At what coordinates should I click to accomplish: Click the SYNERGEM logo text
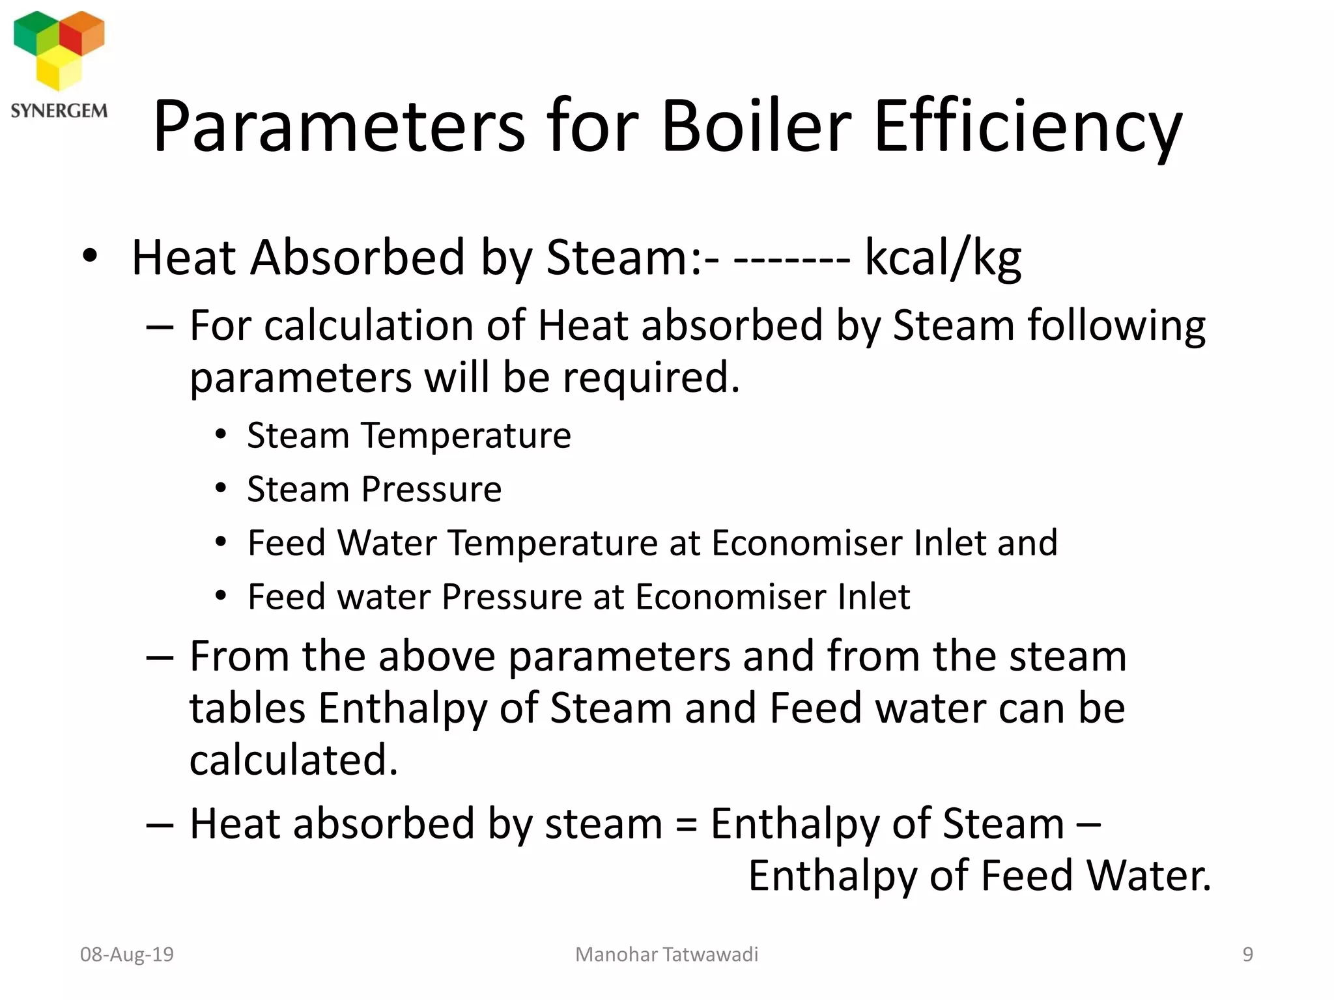(x=59, y=111)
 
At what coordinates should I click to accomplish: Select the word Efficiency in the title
(x=1027, y=127)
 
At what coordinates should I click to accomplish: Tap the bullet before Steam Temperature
(x=221, y=434)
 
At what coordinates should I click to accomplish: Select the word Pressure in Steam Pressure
(x=431, y=489)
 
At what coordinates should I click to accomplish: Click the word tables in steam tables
(x=247, y=708)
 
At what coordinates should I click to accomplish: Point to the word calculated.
(x=293, y=760)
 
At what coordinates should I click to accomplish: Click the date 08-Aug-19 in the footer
(x=127, y=954)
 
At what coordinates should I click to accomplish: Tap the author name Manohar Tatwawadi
(x=666, y=954)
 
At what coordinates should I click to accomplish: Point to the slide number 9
(x=1247, y=954)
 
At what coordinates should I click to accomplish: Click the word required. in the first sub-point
(x=651, y=378)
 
